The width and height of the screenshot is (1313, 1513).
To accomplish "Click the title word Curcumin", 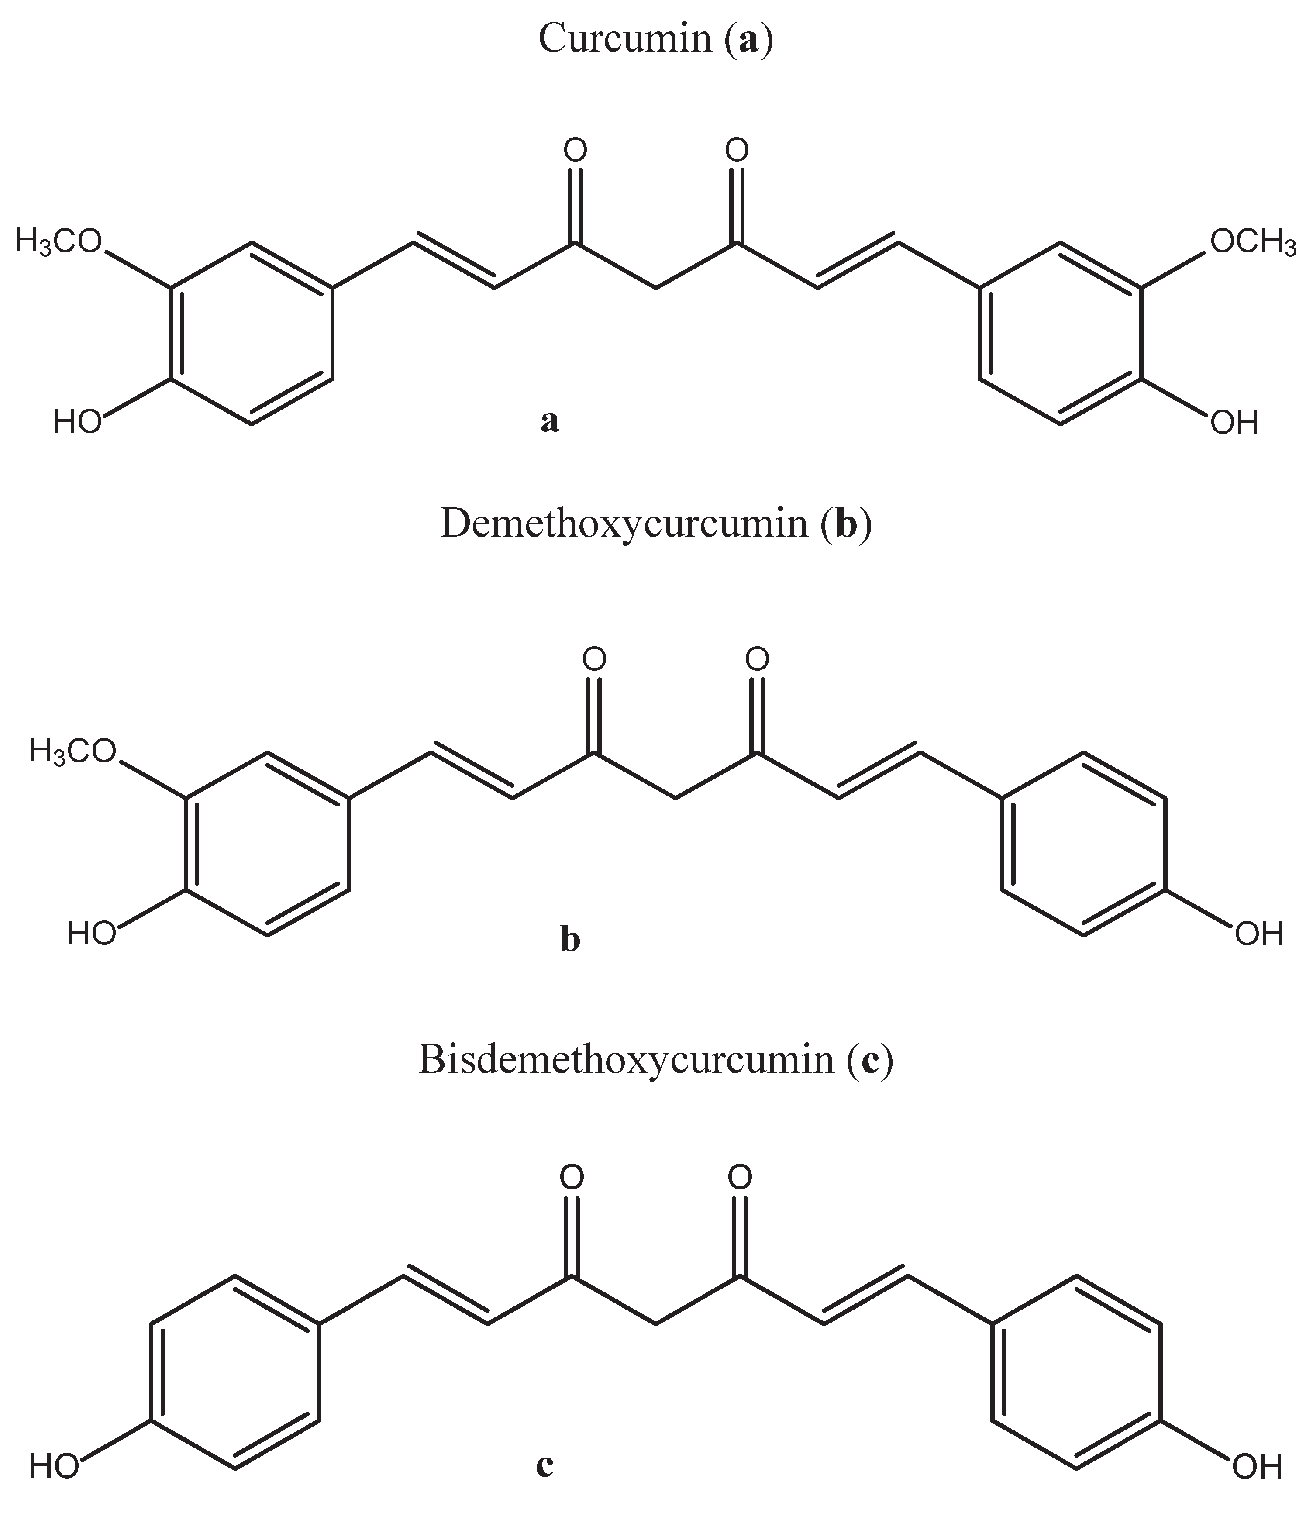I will (624, 38).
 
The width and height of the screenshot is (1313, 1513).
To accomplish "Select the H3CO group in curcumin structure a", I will (59, 242).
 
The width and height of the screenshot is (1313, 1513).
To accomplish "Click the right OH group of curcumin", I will (1234, 423).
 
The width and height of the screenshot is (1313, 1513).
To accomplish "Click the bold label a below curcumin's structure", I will (550, 421).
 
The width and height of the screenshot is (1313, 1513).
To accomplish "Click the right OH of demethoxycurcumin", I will (1259, 934).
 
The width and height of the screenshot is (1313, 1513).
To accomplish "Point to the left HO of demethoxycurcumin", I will (92, 934).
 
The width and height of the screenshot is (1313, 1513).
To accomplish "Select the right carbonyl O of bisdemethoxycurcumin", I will (740, 1177).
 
